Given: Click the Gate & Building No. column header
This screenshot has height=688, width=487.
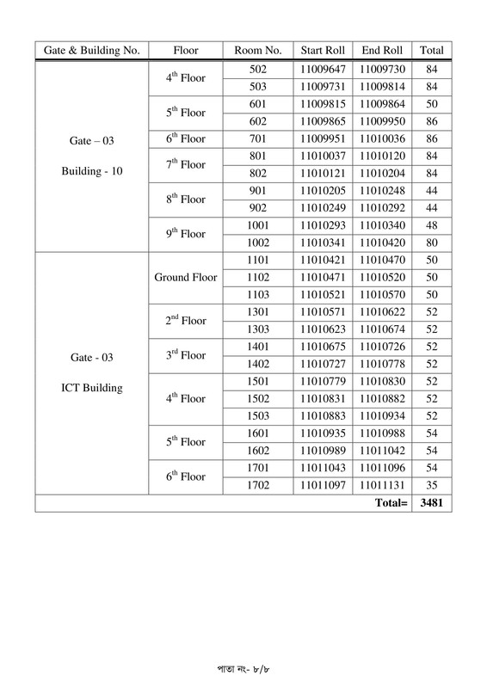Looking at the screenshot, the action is pyautogui.click(x=91, y=50).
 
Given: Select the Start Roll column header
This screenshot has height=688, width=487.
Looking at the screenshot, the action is pyautogui.click(x=322, y=50).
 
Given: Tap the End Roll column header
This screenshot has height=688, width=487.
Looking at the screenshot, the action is pyautogui.click(x=382, y=50).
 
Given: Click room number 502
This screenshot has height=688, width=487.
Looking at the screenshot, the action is pyautogui.click(x=257, y=69).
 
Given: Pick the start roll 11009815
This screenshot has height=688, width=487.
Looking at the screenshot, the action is pyautogui.click(x=322, y=103).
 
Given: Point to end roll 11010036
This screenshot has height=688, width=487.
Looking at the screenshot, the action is pyautogui.click(x=382, y=138).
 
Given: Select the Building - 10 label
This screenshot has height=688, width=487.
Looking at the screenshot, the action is pyautogui.click(x=92, y=171).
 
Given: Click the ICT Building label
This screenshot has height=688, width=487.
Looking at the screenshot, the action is pyautogui.click(x=92, y=387).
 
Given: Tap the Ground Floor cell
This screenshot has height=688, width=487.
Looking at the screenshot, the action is pyautogui.click(x=186, y=277).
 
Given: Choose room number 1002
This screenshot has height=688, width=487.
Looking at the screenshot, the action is pyautogui.click(x=257, y=242).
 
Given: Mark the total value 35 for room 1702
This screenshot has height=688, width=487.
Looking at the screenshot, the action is pyautogui.click(x=432, y=485).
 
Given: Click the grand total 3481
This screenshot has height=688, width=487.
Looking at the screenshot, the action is pyautogui.click(x=432, y=503).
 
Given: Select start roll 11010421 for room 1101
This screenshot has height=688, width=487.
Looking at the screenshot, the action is pyautogui.click(x=322, y=260).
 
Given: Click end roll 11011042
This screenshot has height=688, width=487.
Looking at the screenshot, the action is pyautogui.click(x=382, y=451).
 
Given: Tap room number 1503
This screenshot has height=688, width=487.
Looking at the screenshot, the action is pyautogui.click(x=257, y=416).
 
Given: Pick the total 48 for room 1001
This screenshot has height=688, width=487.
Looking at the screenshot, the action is pyautogui.click(x=432, y=224).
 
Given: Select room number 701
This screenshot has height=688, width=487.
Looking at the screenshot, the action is pyautogui.click(x=257, y=138).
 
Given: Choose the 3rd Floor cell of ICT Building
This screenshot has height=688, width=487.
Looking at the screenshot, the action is pyautogui.click(x=186, y=355).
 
